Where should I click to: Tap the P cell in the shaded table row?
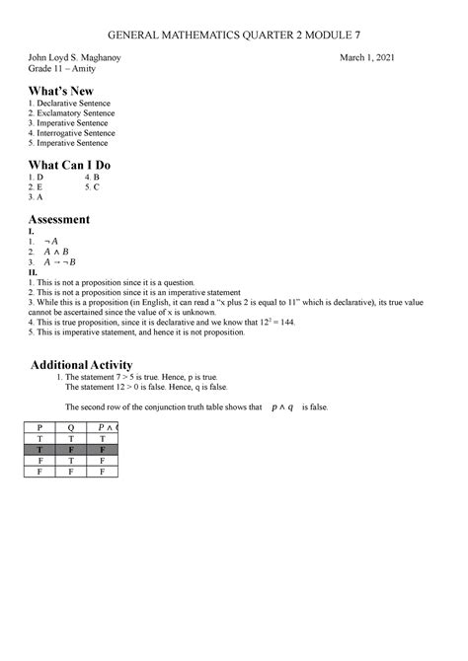tap(40, 450)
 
